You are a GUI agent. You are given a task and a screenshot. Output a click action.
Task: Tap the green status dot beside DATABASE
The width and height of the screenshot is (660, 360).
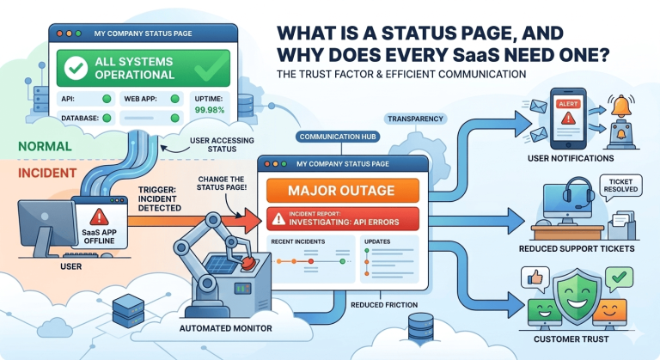coord(107,117)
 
